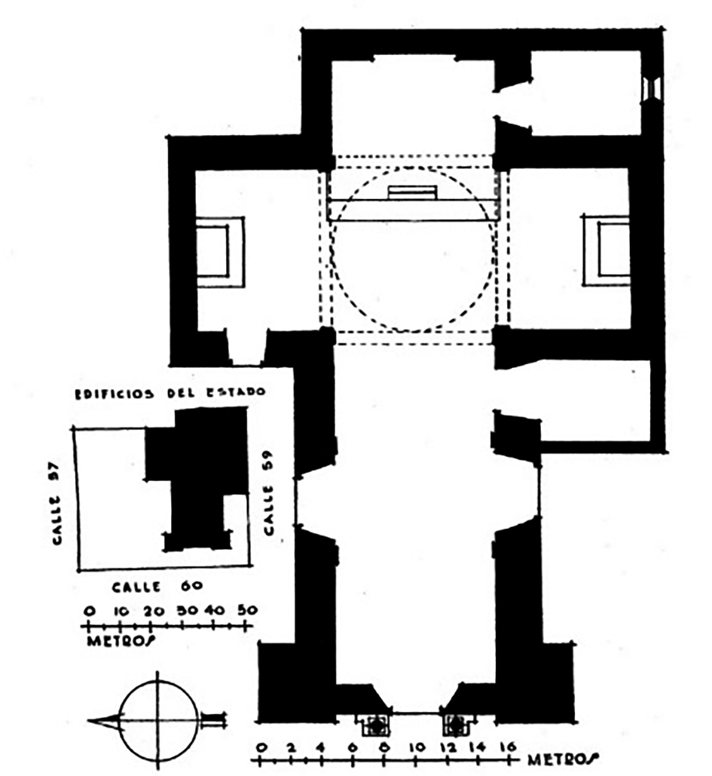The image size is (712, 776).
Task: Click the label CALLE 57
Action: click(x=58, y=502)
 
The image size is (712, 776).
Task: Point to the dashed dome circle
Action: click(x=413, y=250)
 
